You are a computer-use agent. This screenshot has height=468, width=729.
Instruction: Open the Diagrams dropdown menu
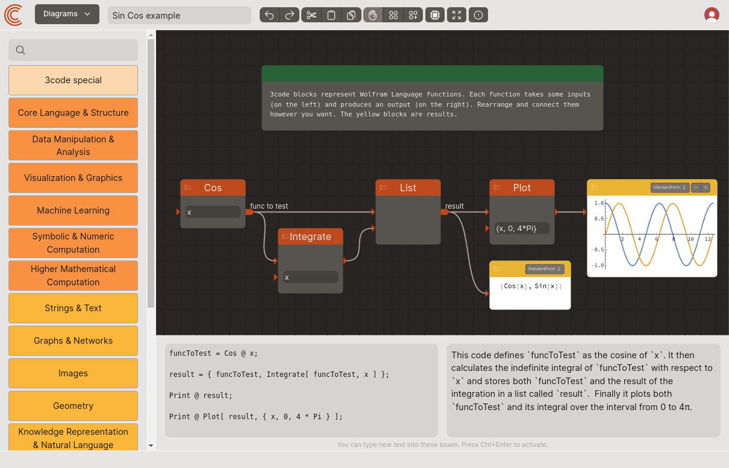(x=67, y=14)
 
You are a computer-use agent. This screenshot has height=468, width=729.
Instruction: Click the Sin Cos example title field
(x=179, y=15)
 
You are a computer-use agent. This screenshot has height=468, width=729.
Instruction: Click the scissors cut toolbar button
(x=311, y=15)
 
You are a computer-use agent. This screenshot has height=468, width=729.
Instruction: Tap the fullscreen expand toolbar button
(x=457, y=15)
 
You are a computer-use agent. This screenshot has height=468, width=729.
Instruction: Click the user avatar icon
(x=712, y=14)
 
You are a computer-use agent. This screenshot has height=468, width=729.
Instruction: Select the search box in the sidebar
(x=73, y=50)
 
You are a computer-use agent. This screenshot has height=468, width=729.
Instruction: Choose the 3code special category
(x=73, y=80)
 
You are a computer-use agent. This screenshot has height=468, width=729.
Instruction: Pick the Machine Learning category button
(x=73, y=210)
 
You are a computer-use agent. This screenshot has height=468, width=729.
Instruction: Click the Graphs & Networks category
(x=73, y=341)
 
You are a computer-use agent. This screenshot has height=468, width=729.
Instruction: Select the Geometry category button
(x=73, y=406)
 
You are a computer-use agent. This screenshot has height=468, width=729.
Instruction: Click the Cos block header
(x=213, y=188)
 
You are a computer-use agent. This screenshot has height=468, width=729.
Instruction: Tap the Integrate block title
(x=310, y=236)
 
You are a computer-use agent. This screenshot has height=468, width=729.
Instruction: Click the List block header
(x=408, y=188)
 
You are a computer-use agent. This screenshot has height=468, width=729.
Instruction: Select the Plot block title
(x=522, y=188)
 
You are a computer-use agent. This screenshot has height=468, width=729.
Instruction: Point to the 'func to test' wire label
(x=269, y=206)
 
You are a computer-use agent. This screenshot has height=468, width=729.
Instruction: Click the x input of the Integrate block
(x=310, y=277)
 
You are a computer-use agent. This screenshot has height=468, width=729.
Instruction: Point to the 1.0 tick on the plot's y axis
(x=599, y=203)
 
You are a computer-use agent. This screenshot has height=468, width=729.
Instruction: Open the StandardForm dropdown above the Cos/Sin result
(x=544, y=269)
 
